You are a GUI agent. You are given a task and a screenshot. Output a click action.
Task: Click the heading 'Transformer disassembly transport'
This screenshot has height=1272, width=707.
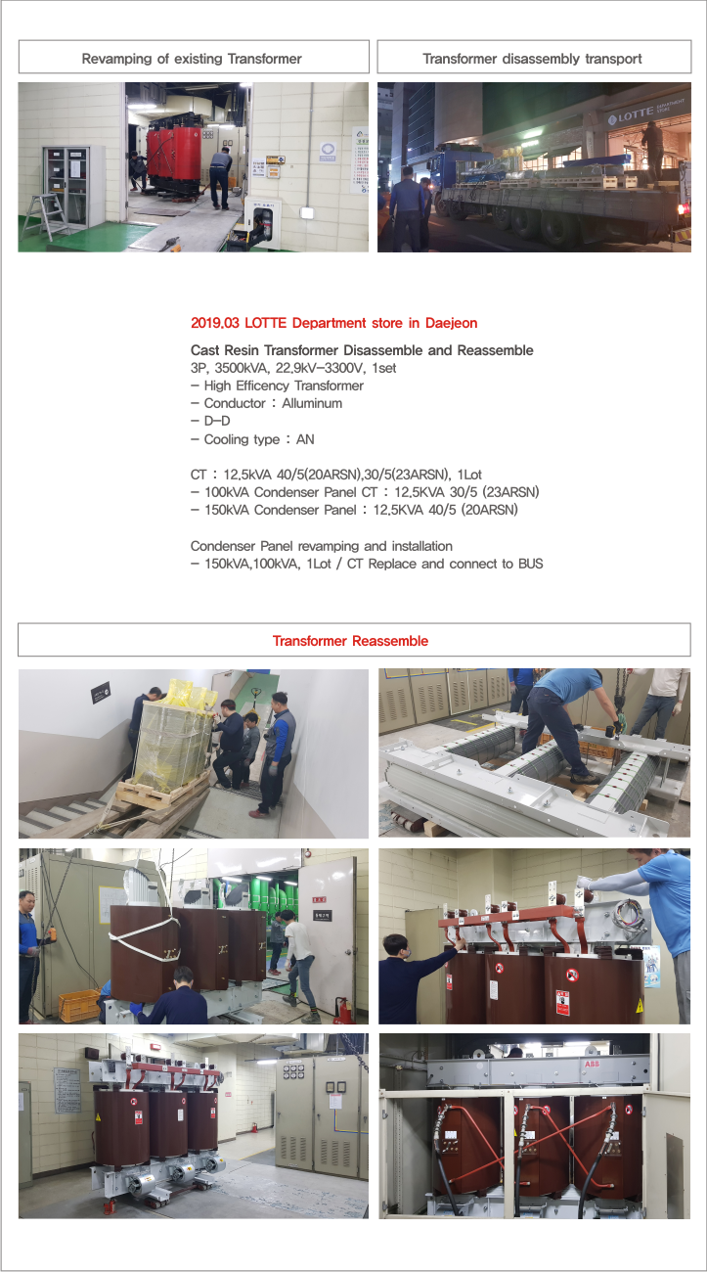(x=532, y=59)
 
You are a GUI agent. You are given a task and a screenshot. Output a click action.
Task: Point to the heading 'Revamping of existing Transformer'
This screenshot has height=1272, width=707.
(x=192, y=59)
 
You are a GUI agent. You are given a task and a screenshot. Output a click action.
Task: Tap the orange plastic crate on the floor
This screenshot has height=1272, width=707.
(x=77, y=1002)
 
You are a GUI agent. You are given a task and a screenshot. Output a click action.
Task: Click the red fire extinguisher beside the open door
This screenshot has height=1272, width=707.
(x=341, y=1008)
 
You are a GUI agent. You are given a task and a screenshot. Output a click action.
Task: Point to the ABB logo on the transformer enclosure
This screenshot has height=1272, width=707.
(x=592, y=1062)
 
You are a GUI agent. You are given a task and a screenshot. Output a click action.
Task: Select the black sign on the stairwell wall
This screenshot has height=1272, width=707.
(x=102, y=693)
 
